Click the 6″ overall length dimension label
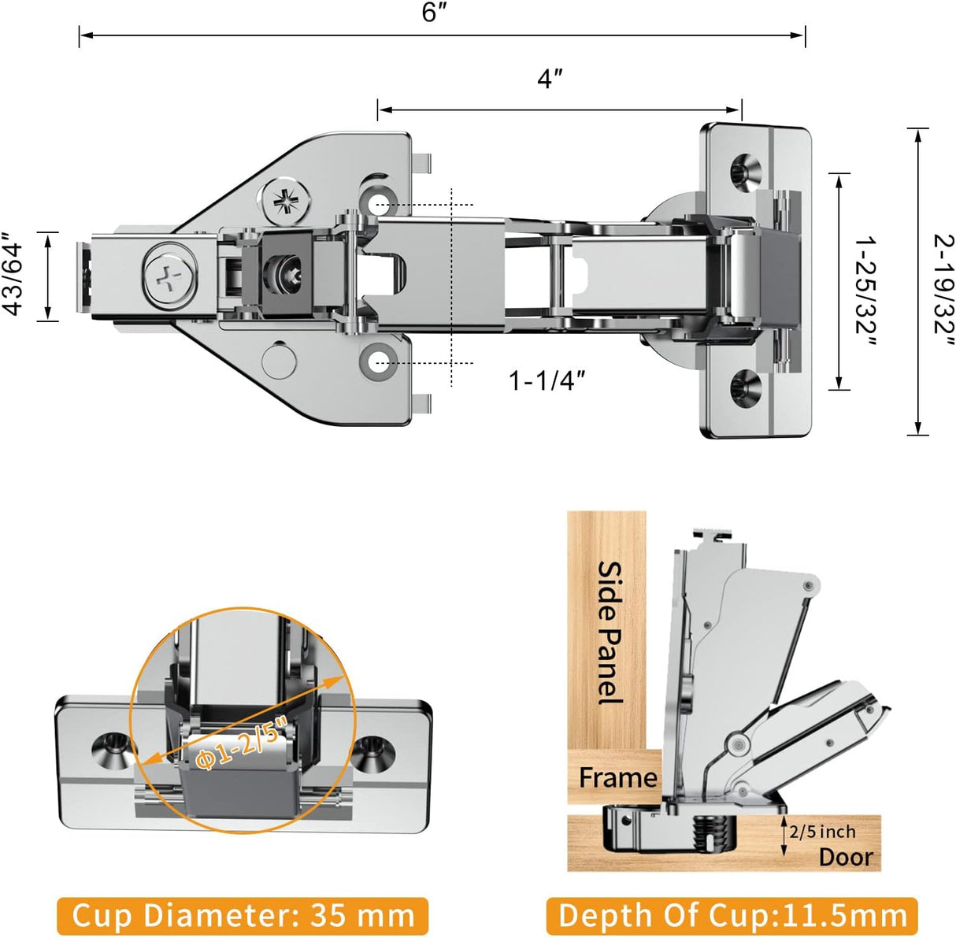434,13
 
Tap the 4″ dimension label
550,79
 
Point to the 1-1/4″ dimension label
547,380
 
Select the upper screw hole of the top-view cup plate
743,170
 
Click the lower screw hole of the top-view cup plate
743,387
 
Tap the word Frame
617,778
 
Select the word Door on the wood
846,857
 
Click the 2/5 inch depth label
822,832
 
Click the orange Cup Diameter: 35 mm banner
243,916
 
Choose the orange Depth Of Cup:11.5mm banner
732,916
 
